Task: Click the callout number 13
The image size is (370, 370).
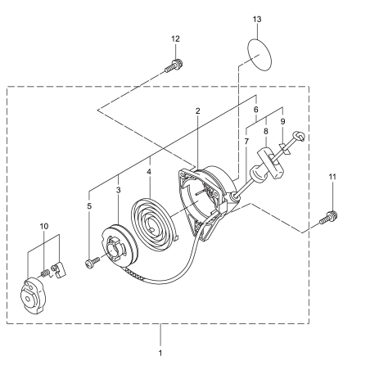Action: pos(257,18)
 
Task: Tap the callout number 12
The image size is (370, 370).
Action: pos(175,39)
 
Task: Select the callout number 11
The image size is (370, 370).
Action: pos(333,176)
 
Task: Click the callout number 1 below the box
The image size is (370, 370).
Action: pos(160,353)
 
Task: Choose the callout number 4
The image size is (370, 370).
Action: pos(149,173)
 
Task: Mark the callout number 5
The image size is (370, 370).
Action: pos(90,206)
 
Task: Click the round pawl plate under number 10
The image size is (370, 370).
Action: pos(36,292)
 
